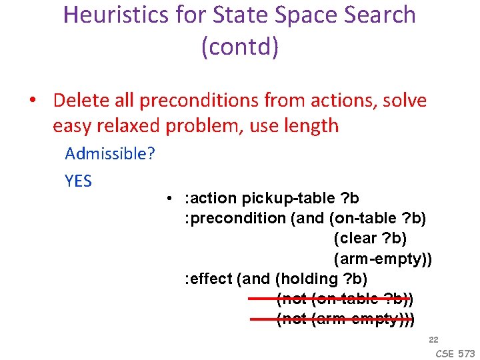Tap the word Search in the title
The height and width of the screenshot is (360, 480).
click(x=374, y=15)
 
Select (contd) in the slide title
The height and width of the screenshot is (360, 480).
click(x=239, y=47)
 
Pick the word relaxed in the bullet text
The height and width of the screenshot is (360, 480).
click(x=136, y=125)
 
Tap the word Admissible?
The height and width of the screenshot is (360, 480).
click(x=110, y=154)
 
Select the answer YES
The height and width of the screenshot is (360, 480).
click(x=79, y=181)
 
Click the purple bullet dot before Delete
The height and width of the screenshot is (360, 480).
click(x=32, y=101)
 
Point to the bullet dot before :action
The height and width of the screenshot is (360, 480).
click(x=171, y=199)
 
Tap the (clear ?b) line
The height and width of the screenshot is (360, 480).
click(x=370, y=239)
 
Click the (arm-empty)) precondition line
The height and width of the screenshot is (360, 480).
click(x=383, y=259)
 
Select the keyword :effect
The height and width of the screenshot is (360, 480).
click(x=207, y=279)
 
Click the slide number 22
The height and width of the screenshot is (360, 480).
click(x=433, y=340)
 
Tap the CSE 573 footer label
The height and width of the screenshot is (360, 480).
click(x=456, y=353)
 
